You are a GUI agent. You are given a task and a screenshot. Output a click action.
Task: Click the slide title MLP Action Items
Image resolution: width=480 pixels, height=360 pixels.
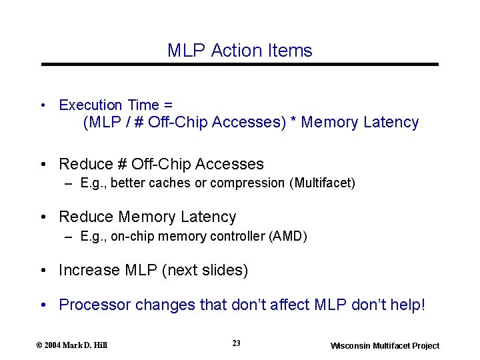coord(239,51)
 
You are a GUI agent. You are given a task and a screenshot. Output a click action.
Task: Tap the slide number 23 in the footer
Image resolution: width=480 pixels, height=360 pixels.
coord(237,343)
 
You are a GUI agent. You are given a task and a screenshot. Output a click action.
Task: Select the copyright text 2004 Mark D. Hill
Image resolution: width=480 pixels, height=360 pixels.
coord(75,345)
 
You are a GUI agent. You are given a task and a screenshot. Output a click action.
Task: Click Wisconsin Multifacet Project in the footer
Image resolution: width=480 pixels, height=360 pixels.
coord(385,345)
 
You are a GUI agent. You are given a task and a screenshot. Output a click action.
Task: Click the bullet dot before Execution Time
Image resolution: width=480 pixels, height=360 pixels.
coord(43,105)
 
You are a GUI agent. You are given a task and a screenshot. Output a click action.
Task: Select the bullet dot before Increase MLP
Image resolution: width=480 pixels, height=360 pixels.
coord(43,271)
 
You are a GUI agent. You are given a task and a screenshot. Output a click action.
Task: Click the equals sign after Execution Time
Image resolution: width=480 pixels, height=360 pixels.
coord(168,105)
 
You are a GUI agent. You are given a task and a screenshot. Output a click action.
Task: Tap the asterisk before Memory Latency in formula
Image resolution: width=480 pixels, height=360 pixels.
coord(293,123)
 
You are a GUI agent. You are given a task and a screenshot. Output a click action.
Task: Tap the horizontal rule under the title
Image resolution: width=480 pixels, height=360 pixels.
coord(240,65)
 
